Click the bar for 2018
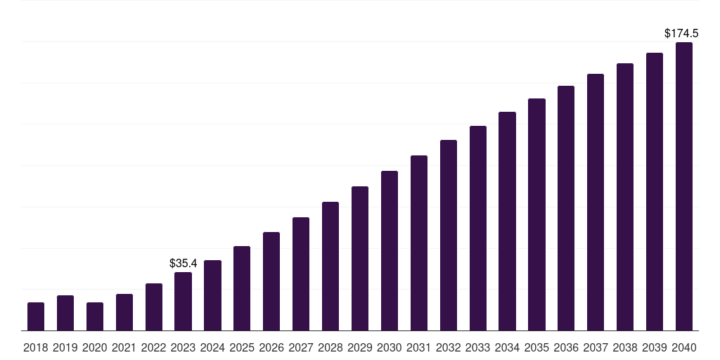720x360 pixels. pos(36,316)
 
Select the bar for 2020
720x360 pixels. pos(95,316)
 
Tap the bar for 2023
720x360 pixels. pos(184,301)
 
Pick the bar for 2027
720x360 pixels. pos(301,274)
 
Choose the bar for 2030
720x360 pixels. pos(390,250)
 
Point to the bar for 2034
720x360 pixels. pos(508,221)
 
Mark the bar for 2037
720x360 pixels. pos(596,202)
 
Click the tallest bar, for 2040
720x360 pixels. pos(684,186)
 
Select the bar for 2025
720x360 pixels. pos(242,288)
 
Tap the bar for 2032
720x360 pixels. pos(449,235)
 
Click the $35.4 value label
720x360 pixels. pos(184,263)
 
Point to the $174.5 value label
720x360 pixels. pos(681,33)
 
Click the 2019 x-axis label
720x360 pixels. pos(65,347)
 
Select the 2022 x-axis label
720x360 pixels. pos(154,347)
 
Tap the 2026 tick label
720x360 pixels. pos(271,347)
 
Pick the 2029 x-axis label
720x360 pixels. pos(360,347)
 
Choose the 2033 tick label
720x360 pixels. pos(478,347)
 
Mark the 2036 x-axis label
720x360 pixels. pos(566,347)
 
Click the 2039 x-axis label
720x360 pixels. pos(655,347)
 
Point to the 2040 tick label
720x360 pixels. pos(684,347)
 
